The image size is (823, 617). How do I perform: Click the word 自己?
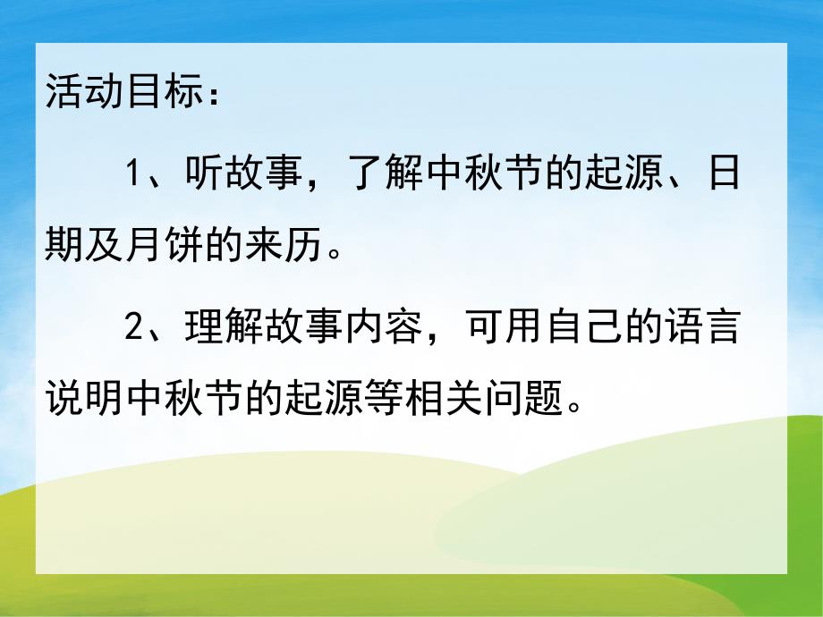click(x=564, y=329)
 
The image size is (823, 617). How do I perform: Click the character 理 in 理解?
click(x=204, y=329)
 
